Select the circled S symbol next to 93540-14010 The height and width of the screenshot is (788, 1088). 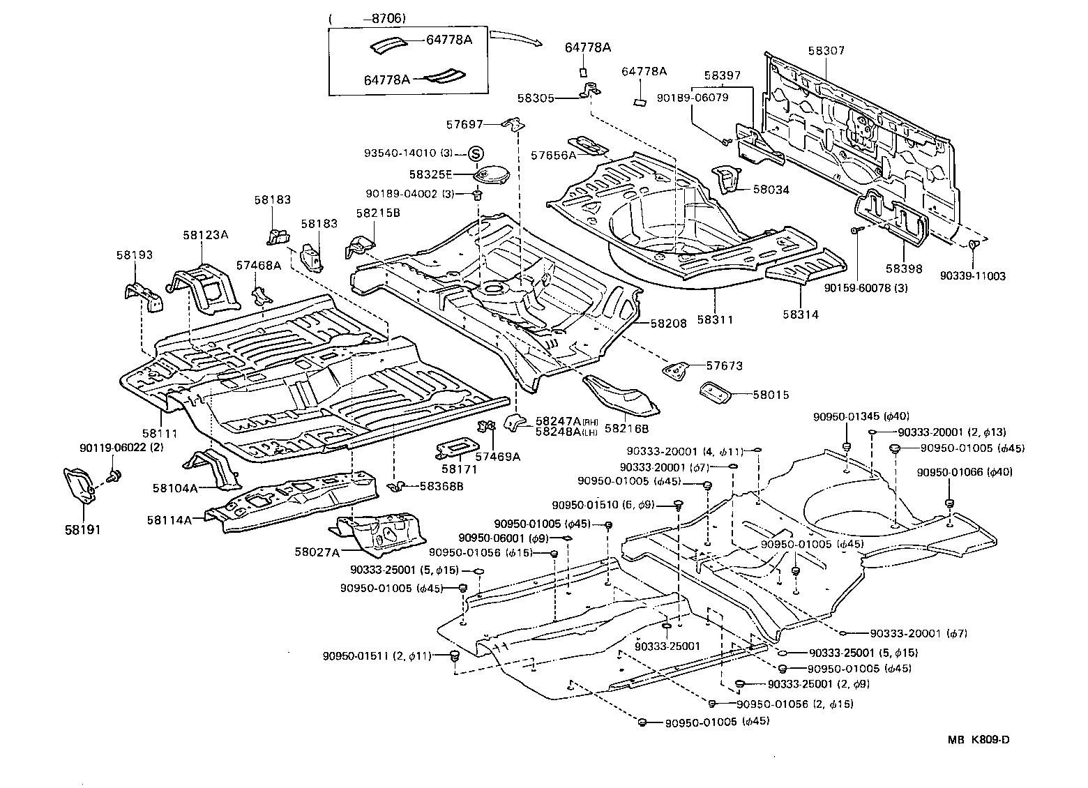pyautogui.click(x=475, y=153)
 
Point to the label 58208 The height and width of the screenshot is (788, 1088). pyautogui.click(x=669, y=324)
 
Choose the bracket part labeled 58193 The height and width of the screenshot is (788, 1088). pyautogui.click(x=144, y=296)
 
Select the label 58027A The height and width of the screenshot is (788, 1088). pyautogui.click(x=317, y=552)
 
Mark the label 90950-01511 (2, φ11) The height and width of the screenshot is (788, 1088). pyautogui.click(x=377, y=656)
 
